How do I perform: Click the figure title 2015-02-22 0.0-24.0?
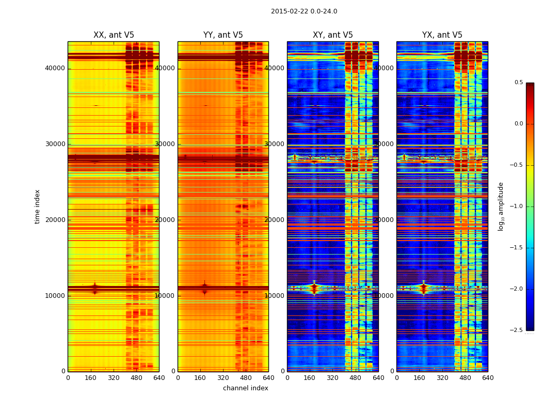(x=304, y=11)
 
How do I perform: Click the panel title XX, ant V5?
(x=114, y=35)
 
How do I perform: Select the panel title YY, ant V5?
(x=223, y=35)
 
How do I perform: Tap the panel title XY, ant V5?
(x=333, y=35)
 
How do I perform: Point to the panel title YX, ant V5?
(x=442, y=35)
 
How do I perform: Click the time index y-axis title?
(x=37, y=206)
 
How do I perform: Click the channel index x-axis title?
(x=246, y=388)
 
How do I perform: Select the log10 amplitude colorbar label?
(x=501, y=206)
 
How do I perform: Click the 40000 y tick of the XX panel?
(x=55, y=68)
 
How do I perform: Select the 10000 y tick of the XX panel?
(x=55, y=296)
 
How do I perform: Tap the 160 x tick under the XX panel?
(x=91, y=378)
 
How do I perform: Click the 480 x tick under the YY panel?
(x=246, y=378)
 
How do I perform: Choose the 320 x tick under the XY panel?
(x=333, y=378)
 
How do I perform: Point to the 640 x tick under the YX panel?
(x=488, y=378)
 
